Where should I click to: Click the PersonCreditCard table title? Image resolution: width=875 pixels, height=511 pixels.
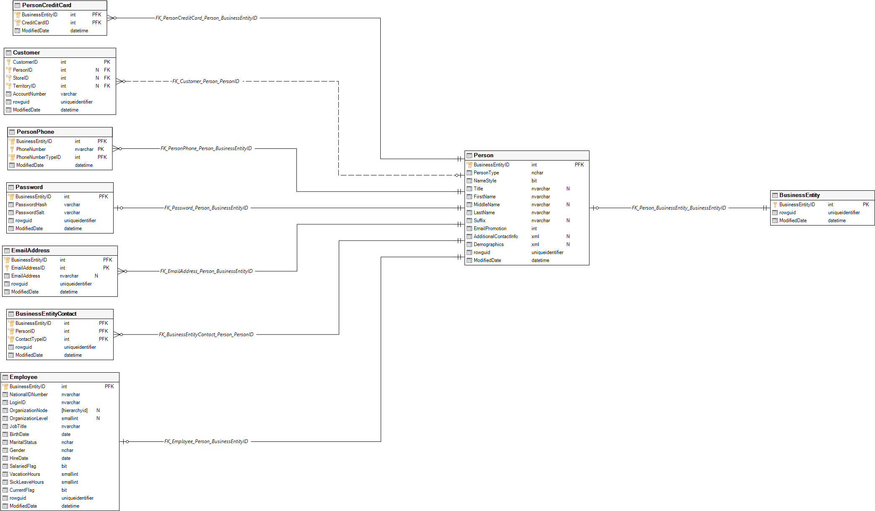click(x=47, y=5)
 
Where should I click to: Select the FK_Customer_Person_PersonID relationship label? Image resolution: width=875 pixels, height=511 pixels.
click(x=205, y=81)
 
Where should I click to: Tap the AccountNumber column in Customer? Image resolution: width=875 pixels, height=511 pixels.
click(x=29, y=94)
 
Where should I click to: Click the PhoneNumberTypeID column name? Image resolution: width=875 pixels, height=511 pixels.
click(x=38, y=157)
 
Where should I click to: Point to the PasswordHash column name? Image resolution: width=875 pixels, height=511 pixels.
click(x=31, y=205)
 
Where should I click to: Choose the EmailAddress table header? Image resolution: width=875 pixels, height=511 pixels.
click(x=30, y=251)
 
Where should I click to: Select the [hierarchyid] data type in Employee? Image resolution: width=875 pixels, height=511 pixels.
click(x=75, y=410)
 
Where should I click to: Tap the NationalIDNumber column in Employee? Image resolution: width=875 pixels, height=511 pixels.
click(x=29, y=394)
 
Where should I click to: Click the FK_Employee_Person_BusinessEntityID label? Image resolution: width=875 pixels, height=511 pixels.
click(x=206, y=441)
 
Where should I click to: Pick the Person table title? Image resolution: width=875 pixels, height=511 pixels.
click(x=483, y=156)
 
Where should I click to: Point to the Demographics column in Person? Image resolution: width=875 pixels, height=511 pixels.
click(x=488, y=244)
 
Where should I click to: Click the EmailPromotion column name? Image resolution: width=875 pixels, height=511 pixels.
click(x=490, y=228)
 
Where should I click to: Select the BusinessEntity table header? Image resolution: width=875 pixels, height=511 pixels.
click(x=799, y=195)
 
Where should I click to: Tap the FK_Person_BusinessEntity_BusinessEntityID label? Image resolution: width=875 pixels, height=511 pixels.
click(x=679, y=208)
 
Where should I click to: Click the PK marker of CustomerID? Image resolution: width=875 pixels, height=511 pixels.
click(x=107, y=62)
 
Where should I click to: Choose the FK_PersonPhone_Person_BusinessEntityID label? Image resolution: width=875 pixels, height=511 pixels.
click(x=206, y=148)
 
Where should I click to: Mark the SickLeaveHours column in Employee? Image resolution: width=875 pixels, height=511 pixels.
click(x=26, y=482)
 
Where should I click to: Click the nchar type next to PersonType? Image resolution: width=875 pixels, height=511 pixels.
click(x=537, y=173)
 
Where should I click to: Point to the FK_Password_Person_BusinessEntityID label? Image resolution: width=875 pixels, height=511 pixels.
click(x=206, y=208)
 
